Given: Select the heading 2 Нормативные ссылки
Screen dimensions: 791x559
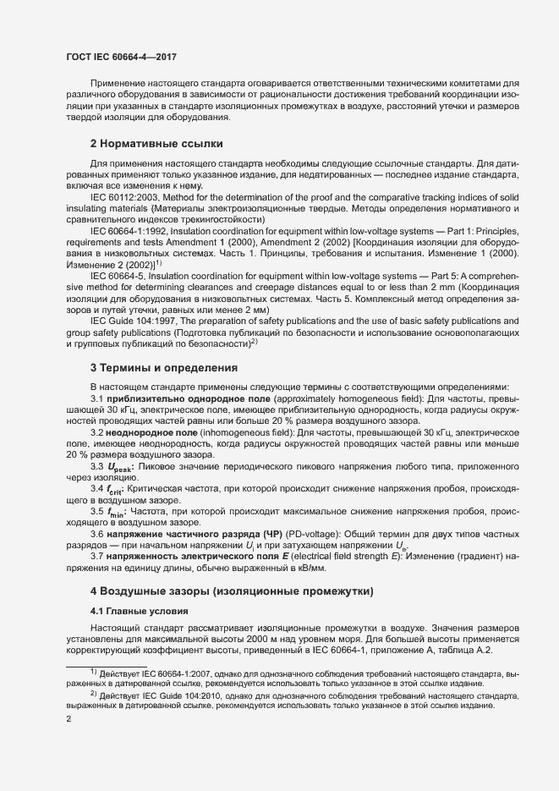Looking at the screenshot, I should [x=145, y=143].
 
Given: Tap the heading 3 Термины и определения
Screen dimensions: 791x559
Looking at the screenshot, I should [x=152, y=367].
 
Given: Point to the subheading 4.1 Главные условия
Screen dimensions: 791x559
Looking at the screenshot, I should [x=133, y=611].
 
